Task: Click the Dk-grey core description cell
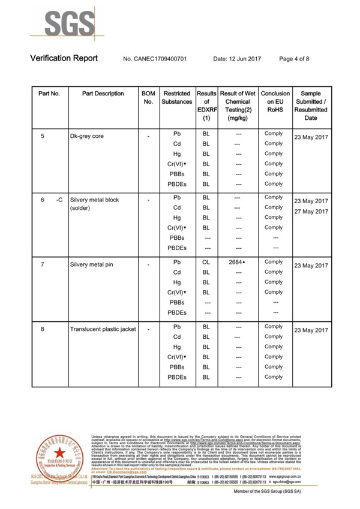tap(87, 136)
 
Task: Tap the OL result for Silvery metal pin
tap(206, 263)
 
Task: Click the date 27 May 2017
tap(311, 212)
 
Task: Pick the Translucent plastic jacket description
tap(103, 329)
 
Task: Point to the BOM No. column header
tap(148, 98)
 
